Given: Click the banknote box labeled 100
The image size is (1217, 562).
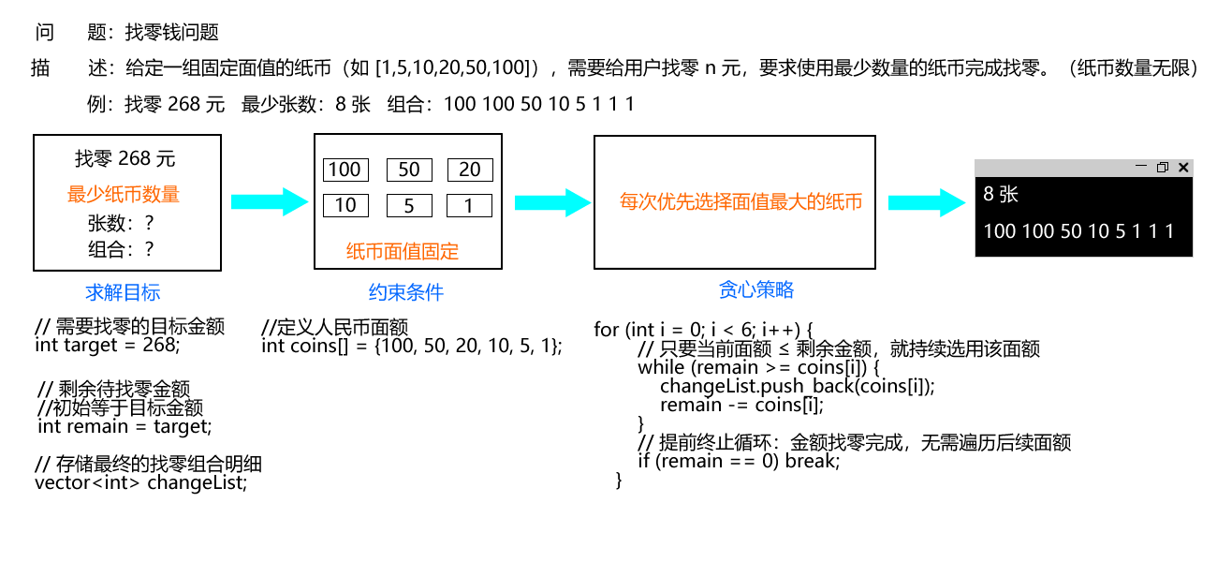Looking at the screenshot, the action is tap(345, 170).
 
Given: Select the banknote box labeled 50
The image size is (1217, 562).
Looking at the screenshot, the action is tap(409, 170).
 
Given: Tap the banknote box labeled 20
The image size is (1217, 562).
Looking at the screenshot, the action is tap(470, 170).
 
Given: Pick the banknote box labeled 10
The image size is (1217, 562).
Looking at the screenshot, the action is tap(345, 205).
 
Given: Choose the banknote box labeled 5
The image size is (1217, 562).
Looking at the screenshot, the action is tap(409, 205).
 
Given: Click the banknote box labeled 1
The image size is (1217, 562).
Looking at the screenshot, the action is tap(469, 205).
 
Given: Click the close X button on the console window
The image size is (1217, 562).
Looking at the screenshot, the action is tap(1183, 168).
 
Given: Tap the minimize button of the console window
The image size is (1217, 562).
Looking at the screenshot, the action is tap(1141, 167).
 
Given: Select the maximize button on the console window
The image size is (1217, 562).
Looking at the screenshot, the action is tap(1162, 168).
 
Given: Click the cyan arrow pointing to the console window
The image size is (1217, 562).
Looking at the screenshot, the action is tap(927, 202).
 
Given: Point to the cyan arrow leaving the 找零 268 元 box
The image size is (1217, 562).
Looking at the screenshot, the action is tap(270, 202).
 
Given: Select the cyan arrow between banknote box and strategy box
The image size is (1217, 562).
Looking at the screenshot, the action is tap(552, 202).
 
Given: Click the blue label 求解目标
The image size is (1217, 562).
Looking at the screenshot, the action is tap(123, 292).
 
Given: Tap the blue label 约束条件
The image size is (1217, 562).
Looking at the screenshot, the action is tap(406, 292).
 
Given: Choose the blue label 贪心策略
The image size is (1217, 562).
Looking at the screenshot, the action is tap(755, 289).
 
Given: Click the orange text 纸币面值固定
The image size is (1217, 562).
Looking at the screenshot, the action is tap(403, 251).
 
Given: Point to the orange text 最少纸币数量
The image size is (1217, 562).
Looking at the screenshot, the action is tap(124, 194).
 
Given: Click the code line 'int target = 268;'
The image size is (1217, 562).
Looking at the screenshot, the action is tap(108, 345).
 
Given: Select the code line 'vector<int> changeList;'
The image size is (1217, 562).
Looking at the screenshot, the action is tap(141, 482).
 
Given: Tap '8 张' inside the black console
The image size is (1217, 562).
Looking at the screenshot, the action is tap(1001, 194).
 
